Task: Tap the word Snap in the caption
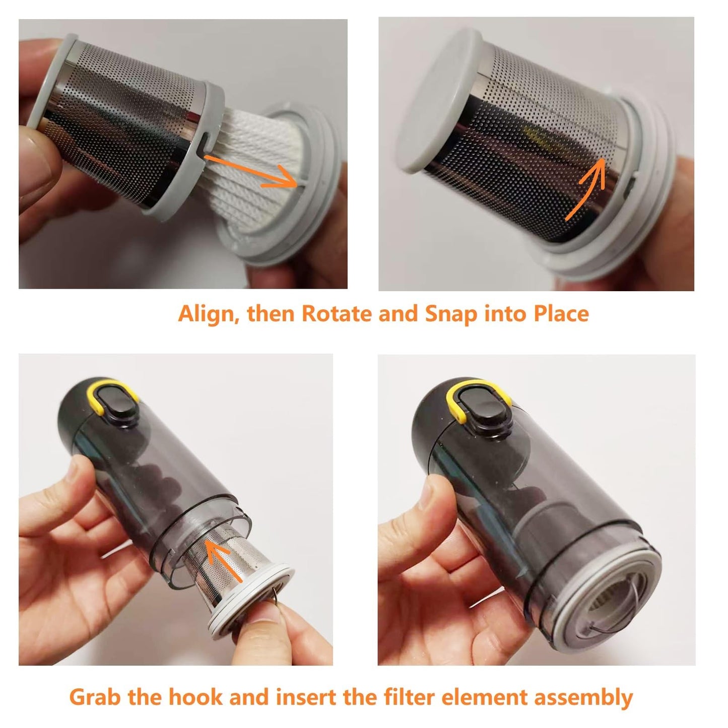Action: [x=450, y=314]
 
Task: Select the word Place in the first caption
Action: [x=561, y=314]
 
